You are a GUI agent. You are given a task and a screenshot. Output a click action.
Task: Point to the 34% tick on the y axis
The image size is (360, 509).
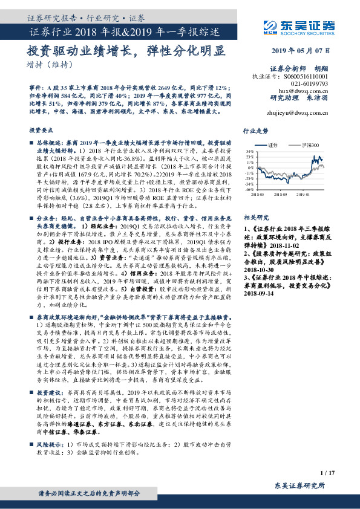click(249, 151)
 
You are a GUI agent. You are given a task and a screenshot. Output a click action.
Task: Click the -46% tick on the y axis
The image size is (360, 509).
click(249, 189)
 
